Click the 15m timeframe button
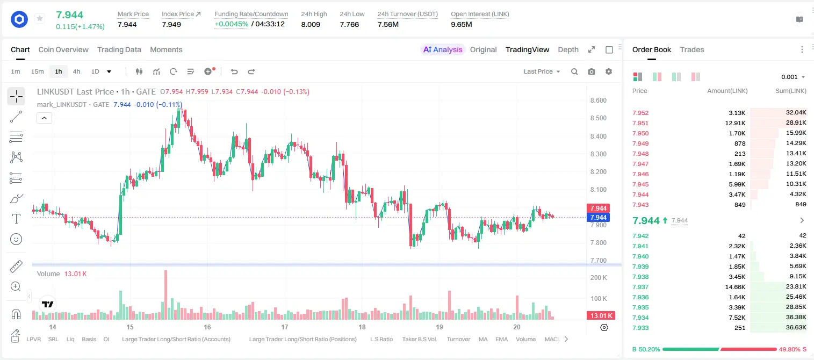pyautogui.click(x=38, y=71)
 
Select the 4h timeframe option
pyautogui.click(x=76, y=71)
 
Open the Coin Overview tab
pyautogui.click(x=63, y=49)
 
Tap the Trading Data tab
pyautogui.click(x=119, y=49)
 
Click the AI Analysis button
pyautogui.click(x=443, y=49)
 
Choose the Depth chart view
pyautogui.click(x=568, y=49)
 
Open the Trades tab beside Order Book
pyautogui.click(x=692, y=49)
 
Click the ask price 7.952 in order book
pyautogui.click(x=640, y=113)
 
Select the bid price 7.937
pyautogui.click(x=640, y=287)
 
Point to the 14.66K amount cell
pyautogui.click(x=735, y=287)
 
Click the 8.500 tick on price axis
pyautogui.click(x=599, y=118)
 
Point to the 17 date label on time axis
pyautogui.click(x=285, y=327)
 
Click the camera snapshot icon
pyautogui.click(x=592, y=71)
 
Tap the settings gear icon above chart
pyautogui.click(x=609, y=71)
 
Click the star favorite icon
pyautogui.click(x=40, y=18)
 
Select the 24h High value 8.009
pyautogui.click(x=311, y=24)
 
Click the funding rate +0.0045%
pyautogui.click(x=232, y=24)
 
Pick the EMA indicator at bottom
pyautogui.click(x=501, y=339)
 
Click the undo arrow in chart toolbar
pyautogui.click(x=234, y=71)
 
